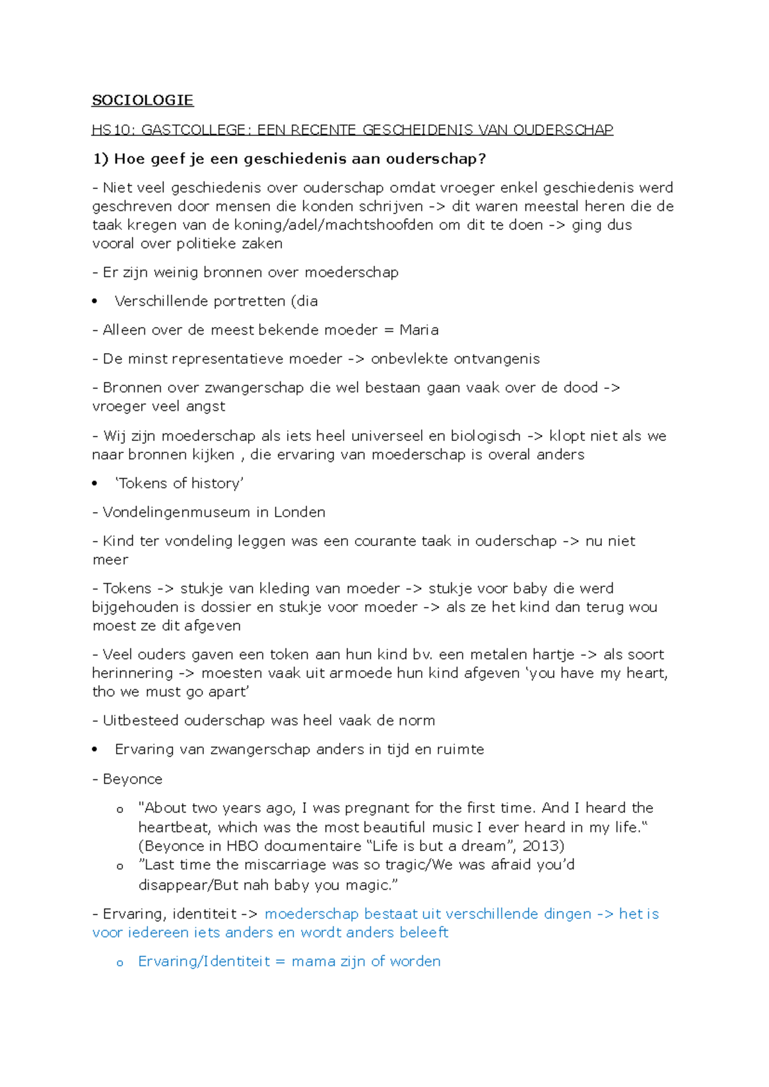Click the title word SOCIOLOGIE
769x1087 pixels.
pos(142,100)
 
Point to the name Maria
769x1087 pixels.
pos(419,330)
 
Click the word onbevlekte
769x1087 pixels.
pos(409,359)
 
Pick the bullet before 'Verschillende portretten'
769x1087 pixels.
pos(95,301)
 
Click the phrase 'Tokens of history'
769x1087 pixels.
pos(179,483)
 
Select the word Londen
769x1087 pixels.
pos(299,512)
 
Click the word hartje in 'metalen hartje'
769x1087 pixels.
pos(554,654)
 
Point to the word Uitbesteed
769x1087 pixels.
pos(140,720)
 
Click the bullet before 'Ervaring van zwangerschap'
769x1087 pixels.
pos(95,749)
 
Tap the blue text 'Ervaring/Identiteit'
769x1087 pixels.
pos(204,961)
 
